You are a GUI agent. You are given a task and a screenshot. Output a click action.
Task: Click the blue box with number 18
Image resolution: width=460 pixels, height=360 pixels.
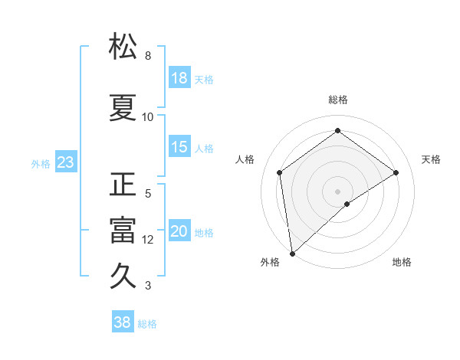[179, 79]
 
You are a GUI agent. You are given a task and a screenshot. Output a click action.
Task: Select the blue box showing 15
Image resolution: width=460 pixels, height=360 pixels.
[179, 148]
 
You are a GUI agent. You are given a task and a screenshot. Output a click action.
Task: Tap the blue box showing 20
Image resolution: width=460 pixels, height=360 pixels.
[179, 232]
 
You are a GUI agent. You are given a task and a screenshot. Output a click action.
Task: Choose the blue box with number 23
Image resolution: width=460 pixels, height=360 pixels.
[65, 162]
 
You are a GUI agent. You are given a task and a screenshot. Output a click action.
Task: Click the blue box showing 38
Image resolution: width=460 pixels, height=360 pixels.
[123, 323]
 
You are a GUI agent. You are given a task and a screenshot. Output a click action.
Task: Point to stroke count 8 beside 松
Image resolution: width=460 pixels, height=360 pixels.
[148, 56]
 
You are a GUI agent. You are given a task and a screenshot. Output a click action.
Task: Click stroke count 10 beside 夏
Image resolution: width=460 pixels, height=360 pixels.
[148, 117]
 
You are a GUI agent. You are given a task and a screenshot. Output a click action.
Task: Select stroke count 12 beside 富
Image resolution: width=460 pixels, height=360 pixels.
[148, 240]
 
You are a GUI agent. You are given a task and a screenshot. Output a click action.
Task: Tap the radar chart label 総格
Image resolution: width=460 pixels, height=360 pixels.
[338, 100]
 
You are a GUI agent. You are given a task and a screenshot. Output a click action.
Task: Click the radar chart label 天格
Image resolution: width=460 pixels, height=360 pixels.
[431, 159]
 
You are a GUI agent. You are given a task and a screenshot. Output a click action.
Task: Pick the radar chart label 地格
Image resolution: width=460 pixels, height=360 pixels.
[402, 262]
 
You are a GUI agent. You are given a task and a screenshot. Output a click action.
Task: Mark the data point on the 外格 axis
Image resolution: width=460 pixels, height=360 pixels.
[291, 253]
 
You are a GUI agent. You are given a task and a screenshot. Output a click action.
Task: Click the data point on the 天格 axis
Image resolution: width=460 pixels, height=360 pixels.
[396, 172]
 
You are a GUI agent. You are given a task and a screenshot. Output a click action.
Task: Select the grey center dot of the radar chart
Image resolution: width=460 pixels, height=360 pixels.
[338, 191]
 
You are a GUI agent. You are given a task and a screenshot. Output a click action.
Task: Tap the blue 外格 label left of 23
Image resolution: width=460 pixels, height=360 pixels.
[41, 163]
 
